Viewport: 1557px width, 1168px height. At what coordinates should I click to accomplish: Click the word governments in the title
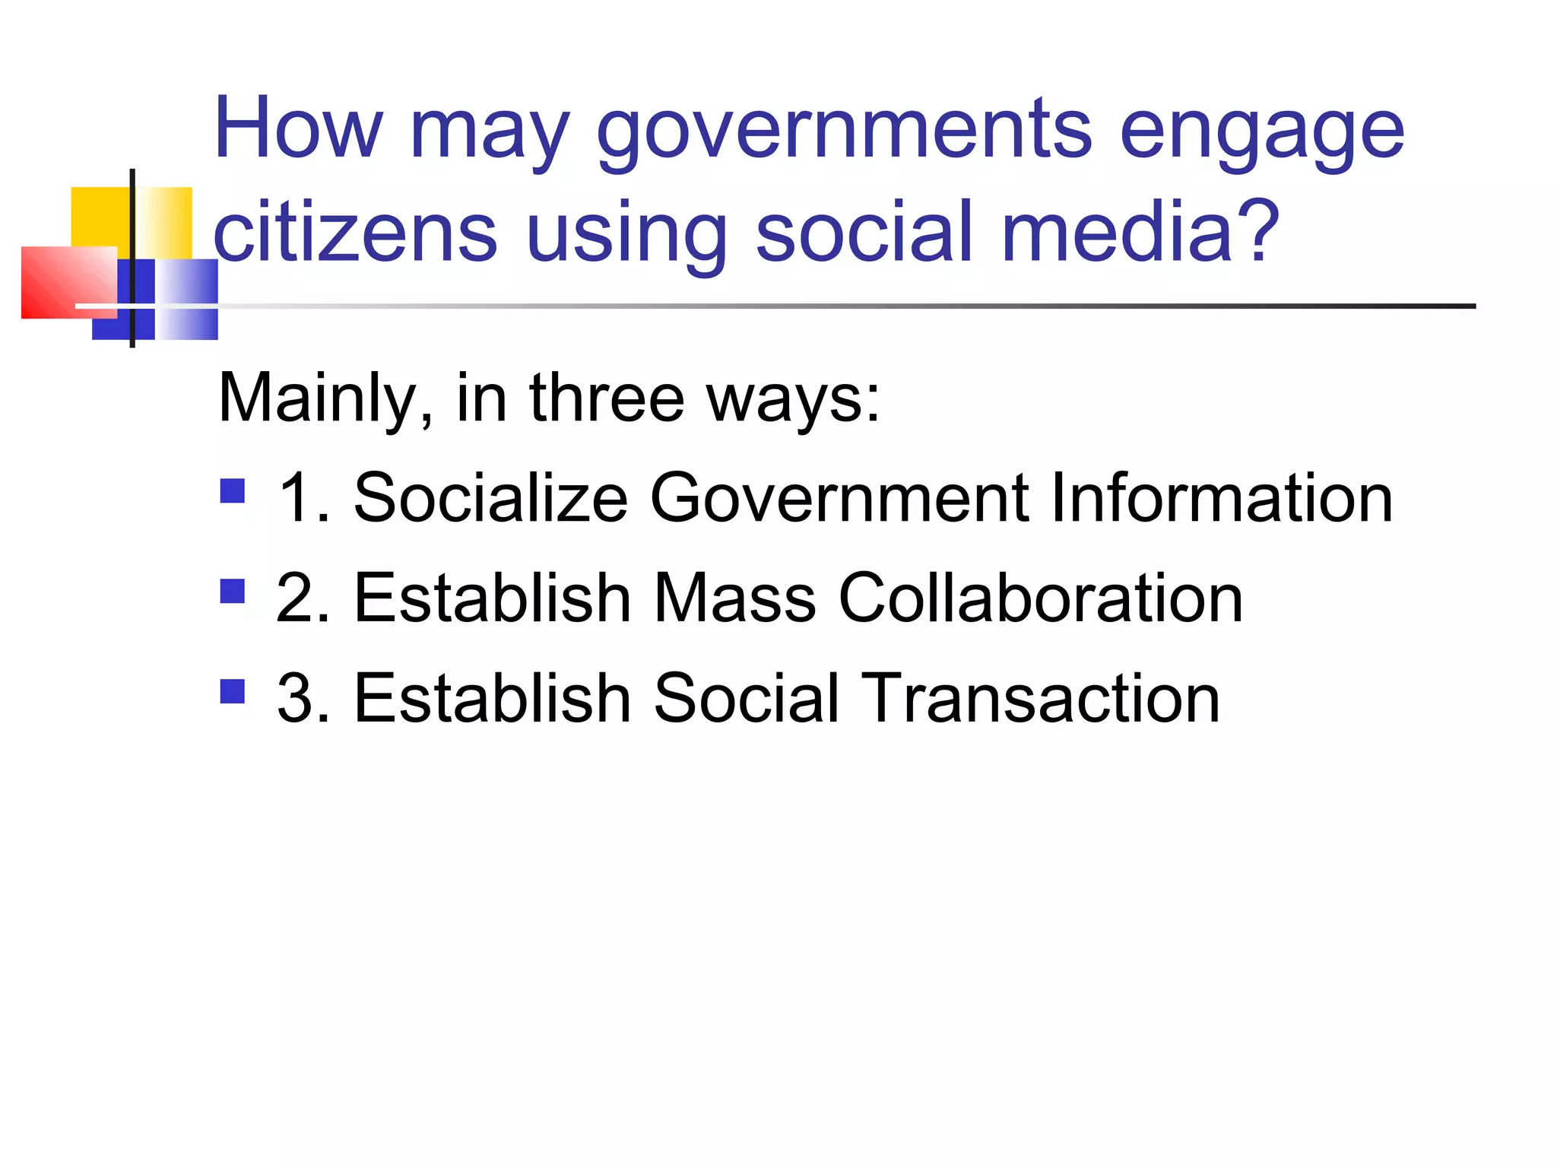tap(844, 131)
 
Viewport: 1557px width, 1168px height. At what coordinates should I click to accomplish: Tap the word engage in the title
tap(1262, 131)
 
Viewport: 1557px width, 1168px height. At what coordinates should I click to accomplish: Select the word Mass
tap(734, 598)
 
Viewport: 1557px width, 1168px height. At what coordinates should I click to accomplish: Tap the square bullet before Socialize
tap(233, 491)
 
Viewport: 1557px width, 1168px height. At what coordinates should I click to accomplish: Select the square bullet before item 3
tap(233, 691)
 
